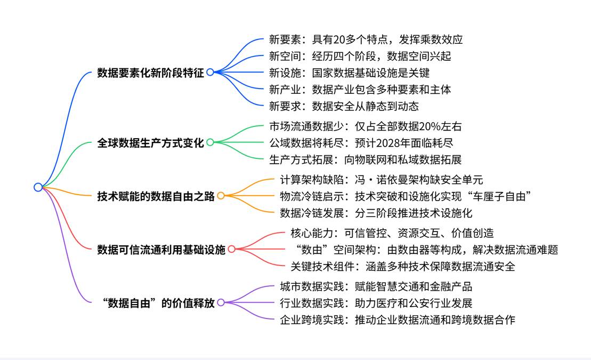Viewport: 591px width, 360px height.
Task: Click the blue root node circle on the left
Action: pyautogui.click(x=38, y=187)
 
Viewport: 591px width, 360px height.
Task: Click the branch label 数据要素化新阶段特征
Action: pyautogui.click(x=150, y=73)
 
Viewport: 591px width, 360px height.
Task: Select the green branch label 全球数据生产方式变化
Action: pyautogui.click(x=150, y=143)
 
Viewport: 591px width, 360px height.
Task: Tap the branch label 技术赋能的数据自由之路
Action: pyautogui.click(x=156, y=196)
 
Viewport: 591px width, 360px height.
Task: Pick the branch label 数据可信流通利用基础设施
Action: pyautogui.click(x=161, y=249)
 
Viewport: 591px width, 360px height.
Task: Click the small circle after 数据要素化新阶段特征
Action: pyautogui.click(x=210, y=72)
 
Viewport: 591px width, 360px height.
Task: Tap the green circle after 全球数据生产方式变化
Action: pyautogui.click(x=210, y=142)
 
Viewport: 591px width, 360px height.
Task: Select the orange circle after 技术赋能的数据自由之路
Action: pyautogui.click(x=221, y=196)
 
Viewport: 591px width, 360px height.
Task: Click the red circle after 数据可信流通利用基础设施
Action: pyautogui.click(x=231, y=249)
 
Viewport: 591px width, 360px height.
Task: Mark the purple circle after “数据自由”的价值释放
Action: pyautogui.click(x=221, y=302)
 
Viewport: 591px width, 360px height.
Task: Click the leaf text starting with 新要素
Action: pyautogui.click(x=366, y=39)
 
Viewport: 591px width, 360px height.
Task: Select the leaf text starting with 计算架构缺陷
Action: pyautogui.click(x=382, y=180)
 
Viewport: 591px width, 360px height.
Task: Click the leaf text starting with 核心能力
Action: pyautogui.click(x=392, y=233)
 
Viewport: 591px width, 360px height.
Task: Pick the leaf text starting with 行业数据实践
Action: pyautogui.click(x=376, y=303)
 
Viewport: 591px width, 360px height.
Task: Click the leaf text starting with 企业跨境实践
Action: pyautogui.click(x=398, y=319)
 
